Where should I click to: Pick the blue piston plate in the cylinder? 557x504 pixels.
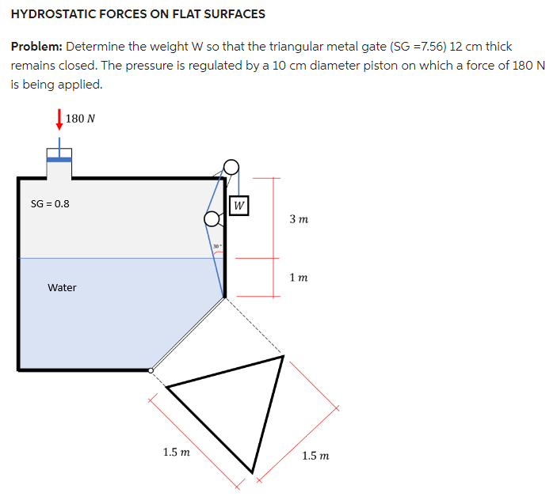point(59,158)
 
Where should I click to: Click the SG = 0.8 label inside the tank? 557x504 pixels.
point(49,203)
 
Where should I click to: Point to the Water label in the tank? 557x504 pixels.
point(62,288)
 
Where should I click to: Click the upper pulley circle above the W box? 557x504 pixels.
point(231,167)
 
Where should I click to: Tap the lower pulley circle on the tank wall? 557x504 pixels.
point(212,218)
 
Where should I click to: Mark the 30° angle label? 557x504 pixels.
point(216,247)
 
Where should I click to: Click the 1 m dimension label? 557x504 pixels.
point(299,278)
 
